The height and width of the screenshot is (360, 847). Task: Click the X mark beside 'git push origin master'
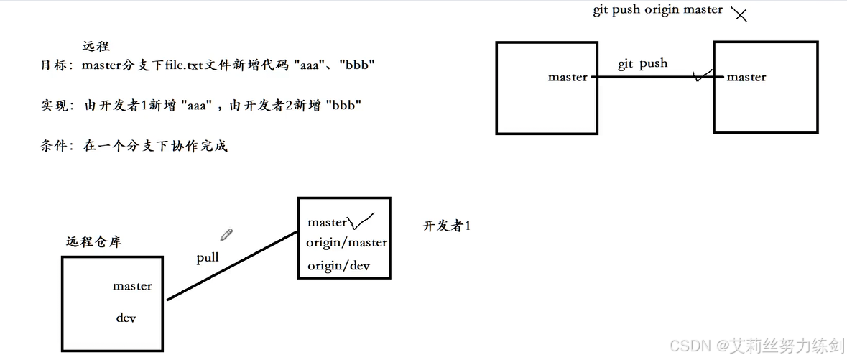[x=739, y=14]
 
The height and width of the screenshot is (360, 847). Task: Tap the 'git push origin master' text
[x=657, y=10]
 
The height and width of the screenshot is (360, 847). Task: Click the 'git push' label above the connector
[x=642, y=64]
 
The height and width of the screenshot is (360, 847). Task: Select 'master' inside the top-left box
[x=568, y=77]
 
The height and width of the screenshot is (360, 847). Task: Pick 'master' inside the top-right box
[x=746, y=77]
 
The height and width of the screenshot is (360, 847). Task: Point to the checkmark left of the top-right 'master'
[x=701, y=75]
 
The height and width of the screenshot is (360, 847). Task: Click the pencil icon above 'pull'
[x=226, y=234]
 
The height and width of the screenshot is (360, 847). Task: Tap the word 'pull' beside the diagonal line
[x=208, y=257]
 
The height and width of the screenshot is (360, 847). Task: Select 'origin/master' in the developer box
[x=347, y=243]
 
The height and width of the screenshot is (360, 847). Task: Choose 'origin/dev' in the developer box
[x=338, y=266]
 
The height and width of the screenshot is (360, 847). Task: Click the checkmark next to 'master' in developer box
[x=361, y=220]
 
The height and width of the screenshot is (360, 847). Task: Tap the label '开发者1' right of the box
[x=446, y=226]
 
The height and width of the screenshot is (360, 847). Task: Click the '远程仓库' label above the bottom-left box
[x=93, y=242]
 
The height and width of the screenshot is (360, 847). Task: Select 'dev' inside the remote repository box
[x=126, y=318]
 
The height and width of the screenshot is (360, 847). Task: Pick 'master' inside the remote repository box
[x=132, y=286]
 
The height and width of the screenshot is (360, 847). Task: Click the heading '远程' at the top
[x=96, y=47]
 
